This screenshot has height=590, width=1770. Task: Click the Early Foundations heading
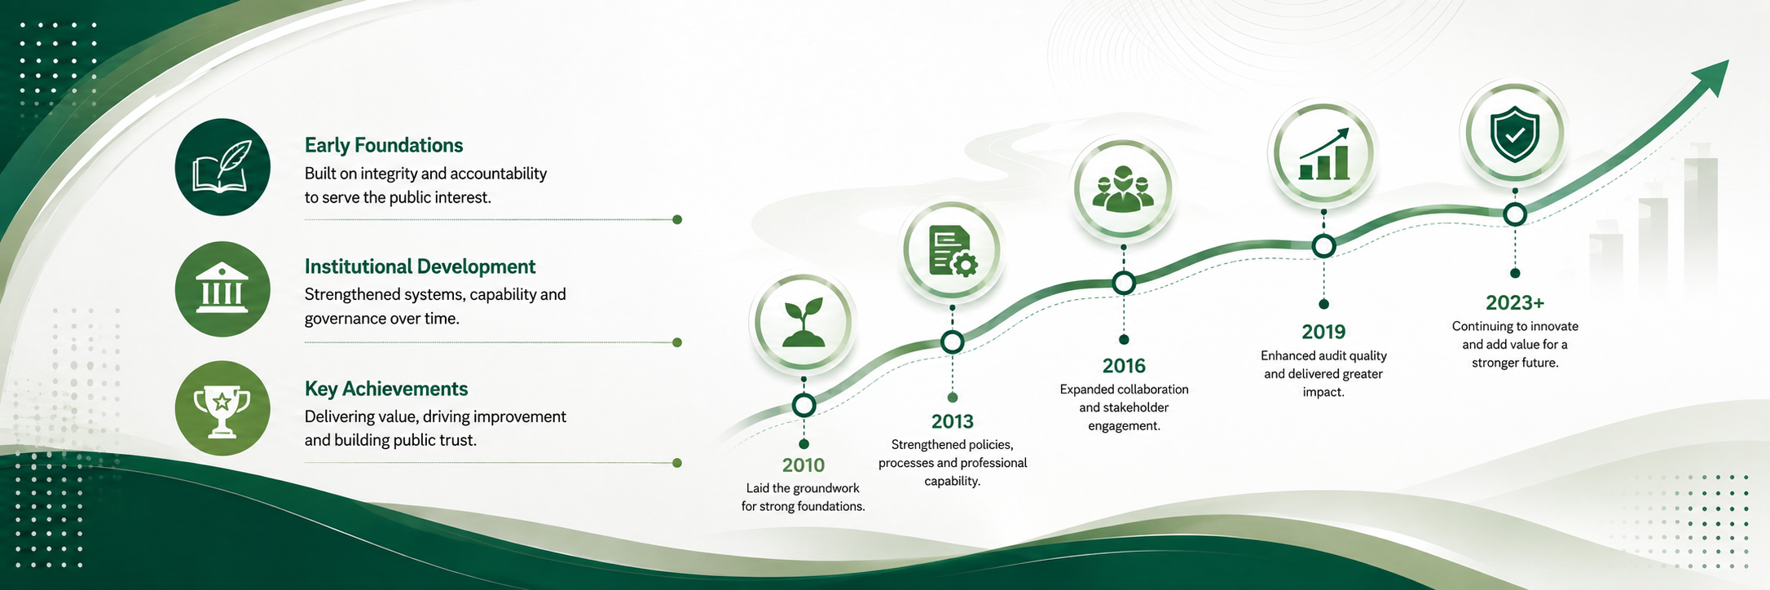[x=384, y=145]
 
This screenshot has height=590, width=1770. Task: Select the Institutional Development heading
[x=420, y=266]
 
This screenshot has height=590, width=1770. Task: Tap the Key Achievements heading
[x=386, y=389]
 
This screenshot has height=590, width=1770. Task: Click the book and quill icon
[x=222, y=167]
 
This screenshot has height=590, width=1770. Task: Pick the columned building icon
[x=222, y=288]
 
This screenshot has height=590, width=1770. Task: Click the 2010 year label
[x=804, y=465]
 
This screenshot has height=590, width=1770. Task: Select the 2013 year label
[x=953, y=421]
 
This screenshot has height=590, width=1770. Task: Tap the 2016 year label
[x=1124, y=366]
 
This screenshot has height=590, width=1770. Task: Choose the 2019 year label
[x=1323, y=332]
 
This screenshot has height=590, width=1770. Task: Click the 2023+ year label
[x=1515, y=303]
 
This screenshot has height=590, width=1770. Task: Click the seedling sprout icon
[x=804, y=323]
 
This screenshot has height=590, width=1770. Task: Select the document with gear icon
[x=953, y=251]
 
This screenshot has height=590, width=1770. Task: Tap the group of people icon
[x=1124, y=189]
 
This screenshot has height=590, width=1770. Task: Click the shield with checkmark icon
[x=1515, y=134]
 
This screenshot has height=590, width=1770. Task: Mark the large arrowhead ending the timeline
[x=1709, y=80]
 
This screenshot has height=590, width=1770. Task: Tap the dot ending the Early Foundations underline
[x=677, y=219]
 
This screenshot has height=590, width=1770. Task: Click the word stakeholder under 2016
[x=1135, y=407]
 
